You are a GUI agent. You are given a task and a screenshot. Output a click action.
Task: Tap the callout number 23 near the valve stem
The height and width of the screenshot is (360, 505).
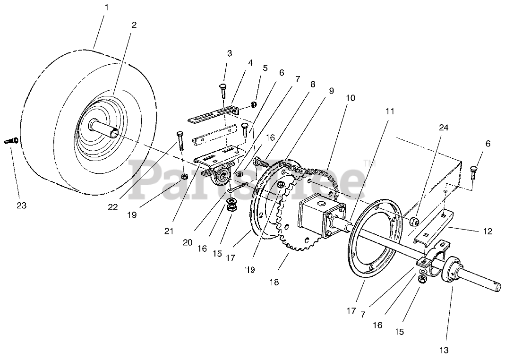point(22,206)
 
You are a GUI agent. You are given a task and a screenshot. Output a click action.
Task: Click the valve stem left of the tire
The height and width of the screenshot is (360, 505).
point(12,141)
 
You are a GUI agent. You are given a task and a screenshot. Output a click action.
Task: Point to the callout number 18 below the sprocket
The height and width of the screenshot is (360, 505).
point(274,282)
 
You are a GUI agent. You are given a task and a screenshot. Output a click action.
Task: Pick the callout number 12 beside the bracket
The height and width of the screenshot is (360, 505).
point(488,231)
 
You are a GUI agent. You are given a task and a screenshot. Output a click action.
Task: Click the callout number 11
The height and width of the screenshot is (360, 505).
point(389,111)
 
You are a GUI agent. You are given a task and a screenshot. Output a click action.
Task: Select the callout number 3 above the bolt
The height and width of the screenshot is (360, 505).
point(230,53)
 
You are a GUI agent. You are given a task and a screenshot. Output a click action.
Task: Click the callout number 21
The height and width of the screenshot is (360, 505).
point(169,231)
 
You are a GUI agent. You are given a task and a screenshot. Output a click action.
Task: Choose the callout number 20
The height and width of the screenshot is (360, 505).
point(187,242)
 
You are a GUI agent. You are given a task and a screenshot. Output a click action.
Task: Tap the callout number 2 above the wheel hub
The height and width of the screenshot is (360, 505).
point(134,25)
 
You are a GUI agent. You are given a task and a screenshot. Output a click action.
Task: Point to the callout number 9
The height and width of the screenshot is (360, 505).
point(331,91)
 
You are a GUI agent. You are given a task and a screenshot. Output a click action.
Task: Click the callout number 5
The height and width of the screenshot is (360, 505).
point(265,68)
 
